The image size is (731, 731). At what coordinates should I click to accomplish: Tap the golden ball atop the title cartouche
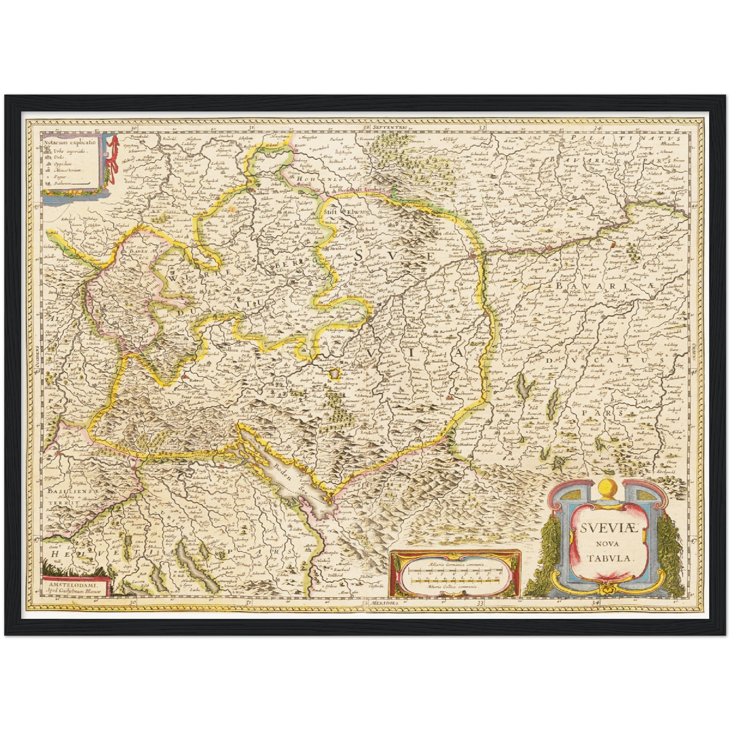tap(606, 489)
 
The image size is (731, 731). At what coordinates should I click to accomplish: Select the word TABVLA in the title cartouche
tap(610, 558)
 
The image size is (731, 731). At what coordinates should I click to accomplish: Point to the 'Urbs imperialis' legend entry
tap(71, 150)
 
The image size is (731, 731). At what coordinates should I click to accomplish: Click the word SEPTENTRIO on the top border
tap(391, 126)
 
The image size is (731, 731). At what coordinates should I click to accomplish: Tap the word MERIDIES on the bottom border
tap(384, 604)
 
